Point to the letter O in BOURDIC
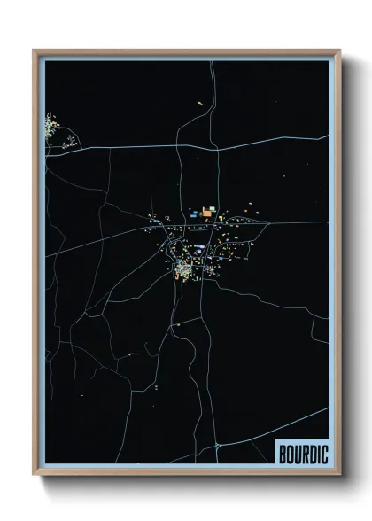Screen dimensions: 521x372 pyautogui.click(x=290, y=453)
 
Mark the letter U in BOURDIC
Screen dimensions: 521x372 pyautogui.click(x=296, y=453)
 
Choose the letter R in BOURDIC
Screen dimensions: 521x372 pyautogui.click(x=302, y=453)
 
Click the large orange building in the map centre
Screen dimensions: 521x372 pyautogui.click(x=208, y=213)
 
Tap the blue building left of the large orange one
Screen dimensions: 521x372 pyautogui.click(x=194, y=213)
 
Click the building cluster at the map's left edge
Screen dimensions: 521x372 pyautogui.click(x=51, y=128)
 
